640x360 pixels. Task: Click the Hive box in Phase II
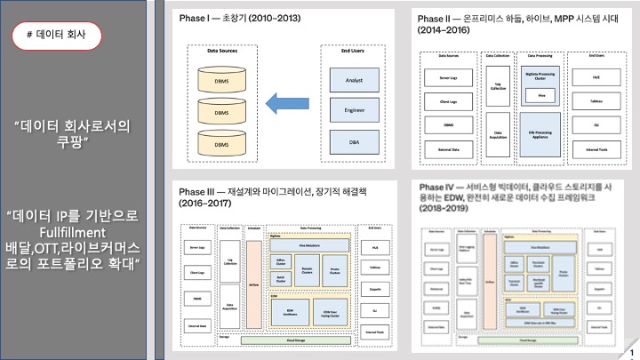point(540,93)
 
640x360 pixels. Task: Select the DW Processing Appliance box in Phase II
point(540,128)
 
